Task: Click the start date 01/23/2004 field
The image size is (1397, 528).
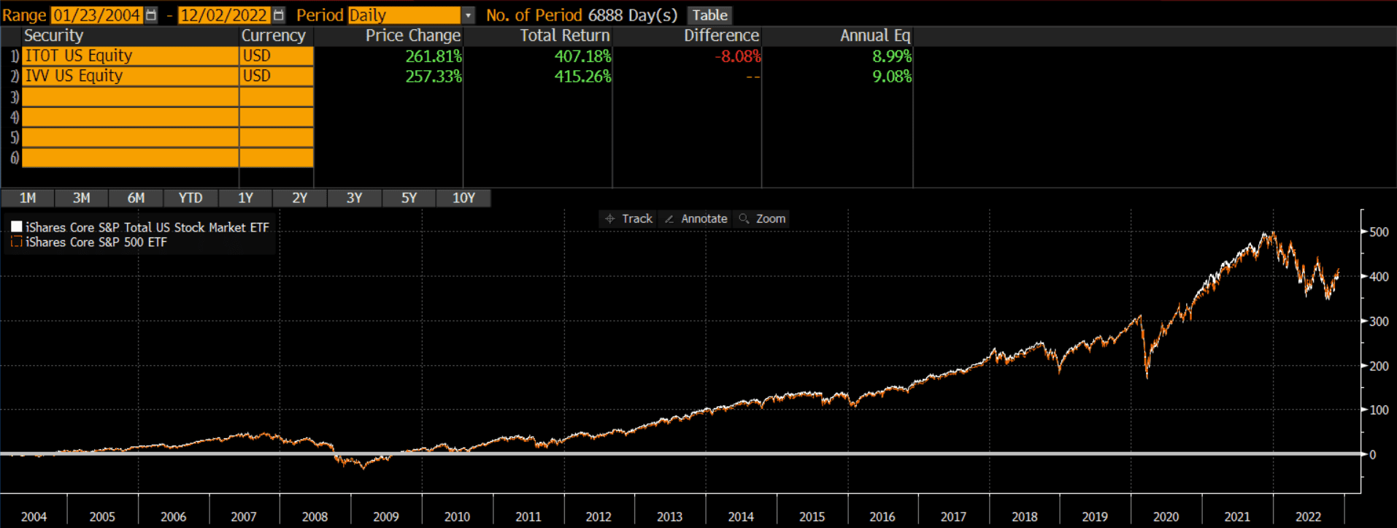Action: point(96,15)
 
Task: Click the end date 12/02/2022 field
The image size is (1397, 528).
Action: point(223,15)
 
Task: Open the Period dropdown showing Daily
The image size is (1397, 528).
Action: point(468,15)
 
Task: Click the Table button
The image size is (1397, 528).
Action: point(709,15)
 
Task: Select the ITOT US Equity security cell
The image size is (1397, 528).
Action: point(130,56)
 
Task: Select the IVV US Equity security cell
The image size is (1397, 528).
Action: point(130,76)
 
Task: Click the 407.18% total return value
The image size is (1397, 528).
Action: point(582,56)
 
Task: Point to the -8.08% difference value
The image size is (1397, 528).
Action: point(737,56)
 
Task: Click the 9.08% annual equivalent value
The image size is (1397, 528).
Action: point(891,76)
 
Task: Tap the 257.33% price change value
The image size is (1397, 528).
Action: point(434,76)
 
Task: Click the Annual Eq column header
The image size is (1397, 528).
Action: point(874,36)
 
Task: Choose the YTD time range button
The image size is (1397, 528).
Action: point(190,198)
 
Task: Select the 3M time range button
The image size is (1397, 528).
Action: point(82,198)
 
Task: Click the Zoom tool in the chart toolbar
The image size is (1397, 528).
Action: point(763,218)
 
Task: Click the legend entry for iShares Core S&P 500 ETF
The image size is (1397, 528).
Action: point(96,242)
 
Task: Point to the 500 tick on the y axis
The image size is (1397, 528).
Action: point(1379,232)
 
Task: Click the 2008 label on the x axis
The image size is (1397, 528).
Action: point(315,516)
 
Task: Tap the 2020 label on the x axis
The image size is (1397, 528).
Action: point(1166,516)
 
